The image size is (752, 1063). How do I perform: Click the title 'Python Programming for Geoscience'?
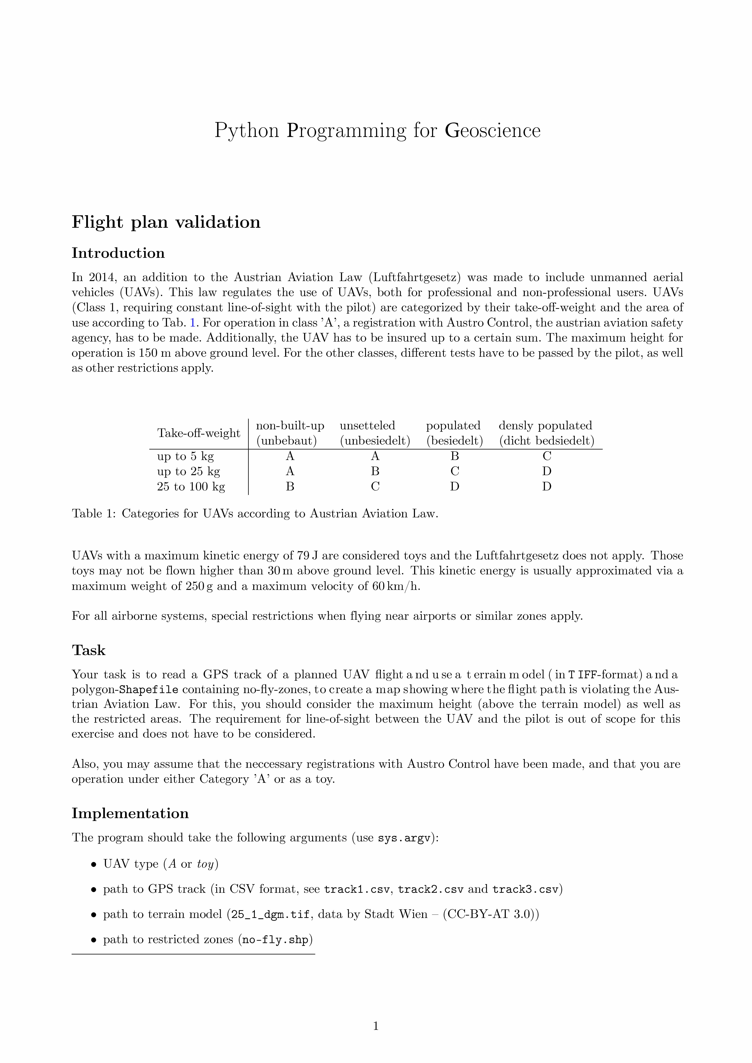[x=377, y=131]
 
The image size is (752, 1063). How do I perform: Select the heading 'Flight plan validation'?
[x=166, y=222]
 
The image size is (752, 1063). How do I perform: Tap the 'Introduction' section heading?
[x=118, y=253]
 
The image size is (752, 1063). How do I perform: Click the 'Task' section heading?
[x=88, y=650]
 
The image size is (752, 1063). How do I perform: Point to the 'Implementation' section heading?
[x=130, y=813]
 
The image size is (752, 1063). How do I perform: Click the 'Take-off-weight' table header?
[x=199, y=433]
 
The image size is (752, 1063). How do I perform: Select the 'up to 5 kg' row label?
[x=185, y=457]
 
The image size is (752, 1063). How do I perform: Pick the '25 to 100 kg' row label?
[x=191, y=487]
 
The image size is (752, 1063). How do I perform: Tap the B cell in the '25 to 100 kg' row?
[x=290, y=487]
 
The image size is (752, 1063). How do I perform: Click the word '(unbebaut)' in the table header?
[x=287, y=441]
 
